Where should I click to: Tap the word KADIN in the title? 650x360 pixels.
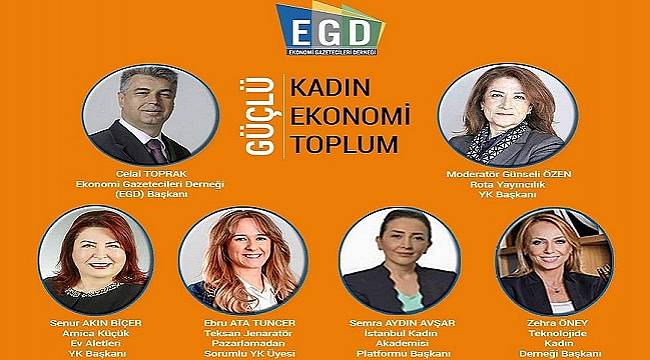click(x=328, y=86)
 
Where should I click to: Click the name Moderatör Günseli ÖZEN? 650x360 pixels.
click(x=498, y=173)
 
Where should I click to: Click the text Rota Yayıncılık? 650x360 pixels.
click(x=497, y=183)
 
